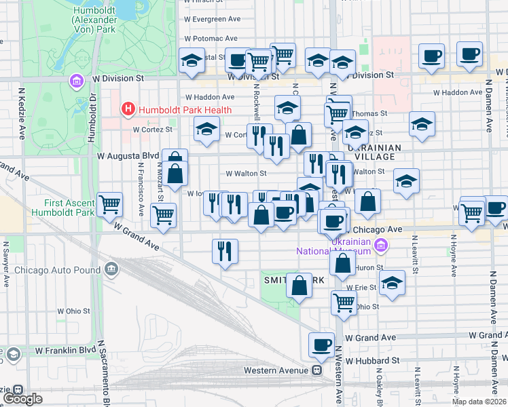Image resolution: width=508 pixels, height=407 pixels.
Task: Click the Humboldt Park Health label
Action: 185,109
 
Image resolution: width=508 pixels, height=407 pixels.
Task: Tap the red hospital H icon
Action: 127,109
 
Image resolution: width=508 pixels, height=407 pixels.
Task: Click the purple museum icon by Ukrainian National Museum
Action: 382,244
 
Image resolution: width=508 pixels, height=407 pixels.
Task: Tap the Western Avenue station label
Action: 277,370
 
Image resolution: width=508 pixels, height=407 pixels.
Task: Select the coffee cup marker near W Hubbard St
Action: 321,344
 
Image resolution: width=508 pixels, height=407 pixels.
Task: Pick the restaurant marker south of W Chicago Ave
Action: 224,250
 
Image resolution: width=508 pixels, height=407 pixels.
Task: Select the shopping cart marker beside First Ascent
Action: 109,204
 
